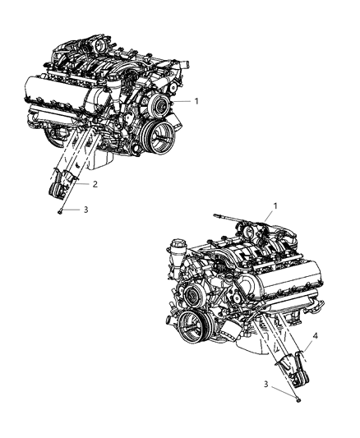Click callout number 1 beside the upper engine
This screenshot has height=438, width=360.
pyautogui.click(x=197, y=102)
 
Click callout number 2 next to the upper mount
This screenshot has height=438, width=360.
pyautogui.click(x=95, y=185)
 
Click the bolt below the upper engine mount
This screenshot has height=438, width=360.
pyautogui.click(x=61, y=211)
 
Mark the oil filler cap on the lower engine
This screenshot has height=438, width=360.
pyautogui.click(x=178, y=245)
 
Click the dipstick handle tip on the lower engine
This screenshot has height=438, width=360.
pyautogui.click(x=218, y=216)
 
